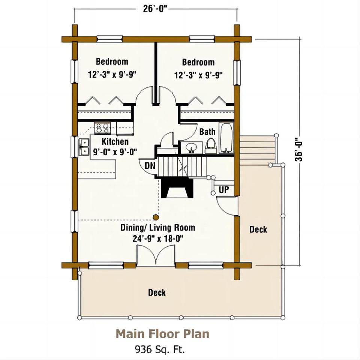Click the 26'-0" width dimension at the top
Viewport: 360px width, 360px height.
click(x=155, y=9)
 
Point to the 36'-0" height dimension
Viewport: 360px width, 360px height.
click(x=299, y=150)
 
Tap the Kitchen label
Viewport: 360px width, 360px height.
click(x=115, y=141)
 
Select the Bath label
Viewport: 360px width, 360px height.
click(x=207, y=132)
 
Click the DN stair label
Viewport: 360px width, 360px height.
click(x=150, y=165)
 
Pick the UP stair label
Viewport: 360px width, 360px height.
click(x=224, y=190)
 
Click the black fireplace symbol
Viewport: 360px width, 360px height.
click(x=177, y=188)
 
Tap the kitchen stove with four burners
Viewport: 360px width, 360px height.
click(x=102, y=129)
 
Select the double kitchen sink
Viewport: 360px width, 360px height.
click(x=84, y=147)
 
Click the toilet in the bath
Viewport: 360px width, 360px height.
click(x=210, y=146)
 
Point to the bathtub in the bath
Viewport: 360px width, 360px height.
click(x=226, y=138)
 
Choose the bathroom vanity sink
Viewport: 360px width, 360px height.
click(x=191, y=148)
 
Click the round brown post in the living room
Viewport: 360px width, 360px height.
click(x=156, y=217)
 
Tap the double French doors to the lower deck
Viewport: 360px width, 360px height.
click(x=156, y=255)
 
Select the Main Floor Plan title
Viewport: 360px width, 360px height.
click(x=162, y=334)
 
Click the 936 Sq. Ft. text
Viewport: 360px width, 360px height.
click(x=160, y=349)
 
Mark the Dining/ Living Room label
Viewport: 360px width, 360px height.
click(x=158, y=228)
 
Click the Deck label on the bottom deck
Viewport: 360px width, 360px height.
click(x=157, y=292)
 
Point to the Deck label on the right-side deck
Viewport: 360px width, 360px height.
click(x=258, y=229)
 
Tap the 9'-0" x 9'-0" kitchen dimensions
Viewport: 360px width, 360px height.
click(x=115, y=152)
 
